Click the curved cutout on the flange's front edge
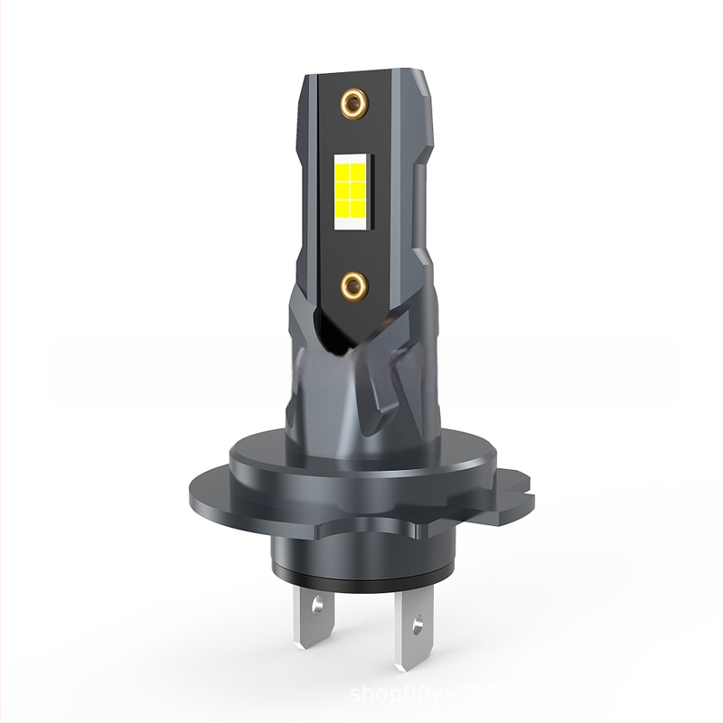tap(361, 524)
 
